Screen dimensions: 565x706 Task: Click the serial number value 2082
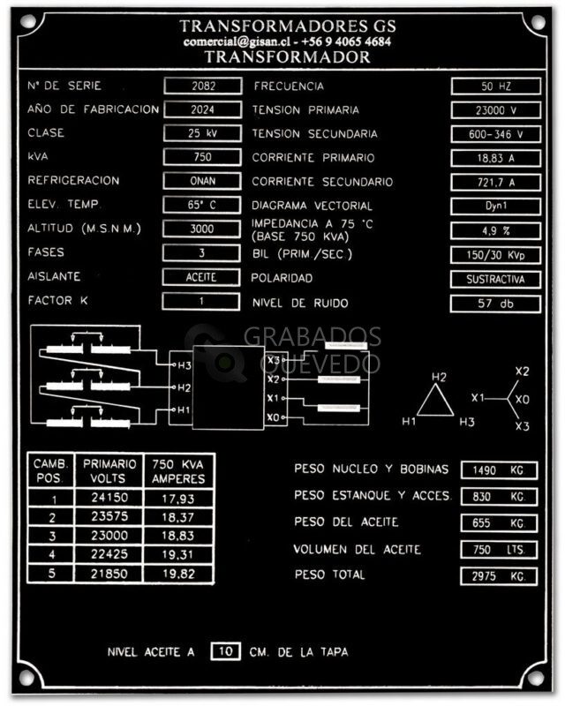pos(203,86)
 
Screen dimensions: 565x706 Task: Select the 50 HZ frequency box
pos(495,86)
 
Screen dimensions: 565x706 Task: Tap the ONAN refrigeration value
pos(202,181)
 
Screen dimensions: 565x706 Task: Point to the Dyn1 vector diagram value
pos(495,207)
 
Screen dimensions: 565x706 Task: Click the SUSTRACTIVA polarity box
pos(495,279)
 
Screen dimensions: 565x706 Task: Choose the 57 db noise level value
pos(495,304)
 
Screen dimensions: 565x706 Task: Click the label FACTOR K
pos(57,300)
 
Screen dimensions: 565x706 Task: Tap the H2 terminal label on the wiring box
pos(184,387)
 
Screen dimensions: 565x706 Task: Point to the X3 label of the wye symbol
pos(523,426)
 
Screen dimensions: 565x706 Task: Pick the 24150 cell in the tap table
pos(109,498)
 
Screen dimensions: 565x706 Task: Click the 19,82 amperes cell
pos(178,575)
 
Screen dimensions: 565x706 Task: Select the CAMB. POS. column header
pos(50,471)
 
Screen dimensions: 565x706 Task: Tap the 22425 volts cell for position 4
pos(109,555)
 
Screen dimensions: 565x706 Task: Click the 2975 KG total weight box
pos(499,576)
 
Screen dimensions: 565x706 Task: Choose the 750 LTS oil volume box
pos(499,550)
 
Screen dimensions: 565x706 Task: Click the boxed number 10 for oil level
pos(225,651)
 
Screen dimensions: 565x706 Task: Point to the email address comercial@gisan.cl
pos(237,41)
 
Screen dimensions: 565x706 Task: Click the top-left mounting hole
pos(28,21)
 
